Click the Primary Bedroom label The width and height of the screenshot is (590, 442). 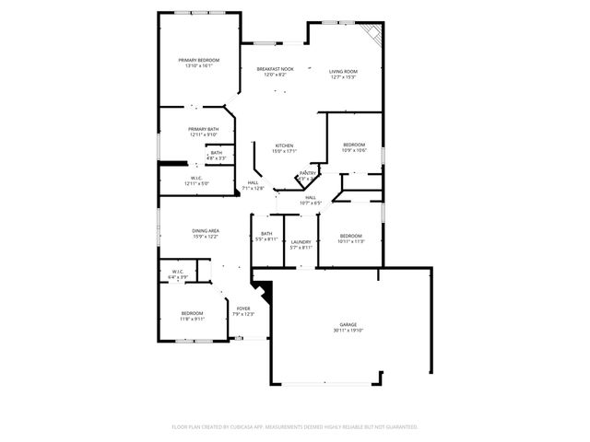click(199, 60)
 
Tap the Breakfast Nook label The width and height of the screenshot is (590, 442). click(275, 70)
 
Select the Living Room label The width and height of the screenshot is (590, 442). click(343, 70)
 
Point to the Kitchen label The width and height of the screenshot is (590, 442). click(284, 146)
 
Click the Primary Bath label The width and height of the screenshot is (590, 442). click(203, 129)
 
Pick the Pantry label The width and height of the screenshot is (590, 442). click(308, 173)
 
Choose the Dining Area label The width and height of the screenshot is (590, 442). click(206, 230)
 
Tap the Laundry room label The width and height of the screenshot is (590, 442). click(301, 241)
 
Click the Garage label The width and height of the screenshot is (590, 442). click(348, 326)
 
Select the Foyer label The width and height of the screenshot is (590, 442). click(243, 308)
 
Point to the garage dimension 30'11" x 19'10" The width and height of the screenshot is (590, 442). click(348, 331)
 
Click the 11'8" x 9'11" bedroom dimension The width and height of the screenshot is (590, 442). click(192, 319)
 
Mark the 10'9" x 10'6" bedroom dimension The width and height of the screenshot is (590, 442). click(355, 150)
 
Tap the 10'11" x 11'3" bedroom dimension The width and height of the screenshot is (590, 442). click(352, 241)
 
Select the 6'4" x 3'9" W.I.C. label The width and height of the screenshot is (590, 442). click(179, 274)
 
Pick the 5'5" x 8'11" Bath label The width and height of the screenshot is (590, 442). click(266, 236)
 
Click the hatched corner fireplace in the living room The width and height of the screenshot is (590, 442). click(372, 34)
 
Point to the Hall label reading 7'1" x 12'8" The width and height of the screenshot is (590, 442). click(254, 185)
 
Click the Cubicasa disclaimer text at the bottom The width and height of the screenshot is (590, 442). click(295, 426)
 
